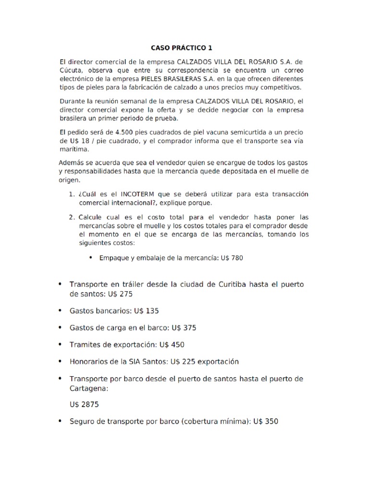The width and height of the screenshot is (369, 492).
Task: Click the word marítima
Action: pyautogui.click(x=74, y=149)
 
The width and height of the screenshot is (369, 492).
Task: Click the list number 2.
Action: pyautogui.click(x=71, y=217)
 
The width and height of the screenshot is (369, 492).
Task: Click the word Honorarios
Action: pyautogui.click(x=88, y=361)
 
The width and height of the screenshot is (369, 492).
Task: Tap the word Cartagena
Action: pyautogui.click(x=88, y=387)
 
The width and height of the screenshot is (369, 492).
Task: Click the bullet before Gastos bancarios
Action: pyautogui.click(x=60, y=311)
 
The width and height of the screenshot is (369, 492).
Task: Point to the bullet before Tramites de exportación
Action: pyautogui.click(x=60, y=344)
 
